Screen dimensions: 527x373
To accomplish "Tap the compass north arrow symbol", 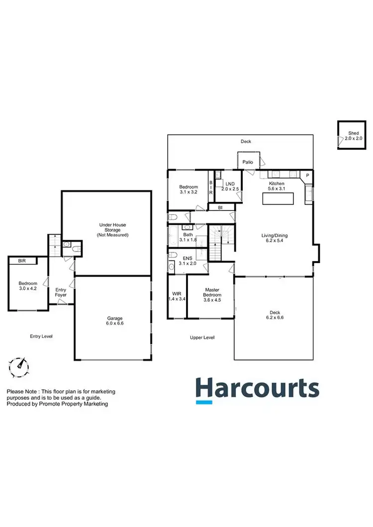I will pos(19,366).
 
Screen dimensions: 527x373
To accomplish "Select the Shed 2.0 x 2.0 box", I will pos(353,136).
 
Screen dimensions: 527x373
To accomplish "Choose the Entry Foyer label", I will pos(61,292).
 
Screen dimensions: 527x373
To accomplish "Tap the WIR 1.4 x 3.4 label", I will pos(177,297).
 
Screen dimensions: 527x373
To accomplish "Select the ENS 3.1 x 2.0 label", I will pos(187,261).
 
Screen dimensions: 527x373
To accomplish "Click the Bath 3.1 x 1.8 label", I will pos(187,237).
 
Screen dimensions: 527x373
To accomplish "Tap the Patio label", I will pos(247,162).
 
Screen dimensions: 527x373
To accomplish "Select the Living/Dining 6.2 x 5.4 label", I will pos(275,239).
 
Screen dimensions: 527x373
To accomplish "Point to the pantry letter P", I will pos(307,176).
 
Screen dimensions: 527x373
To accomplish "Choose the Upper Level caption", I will pos(202,338).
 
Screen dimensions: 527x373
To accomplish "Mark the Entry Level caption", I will pos(41,337).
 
